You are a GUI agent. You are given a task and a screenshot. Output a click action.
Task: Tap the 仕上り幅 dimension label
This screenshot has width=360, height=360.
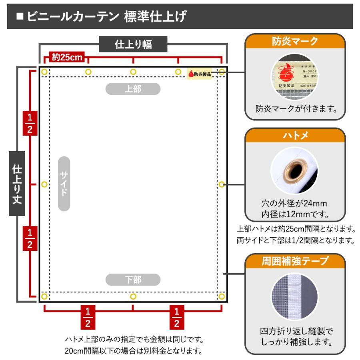[x=133, y=44]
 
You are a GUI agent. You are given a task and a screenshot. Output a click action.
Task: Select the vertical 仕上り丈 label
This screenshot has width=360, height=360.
[x=16, y=184]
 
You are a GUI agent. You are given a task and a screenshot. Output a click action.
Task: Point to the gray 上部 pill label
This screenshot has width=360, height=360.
[x=133, y=89]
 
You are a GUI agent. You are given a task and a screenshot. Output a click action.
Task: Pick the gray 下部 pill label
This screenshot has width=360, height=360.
[x=133, y=279]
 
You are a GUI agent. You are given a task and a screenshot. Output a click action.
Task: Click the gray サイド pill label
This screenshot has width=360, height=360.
[x=64, y=184]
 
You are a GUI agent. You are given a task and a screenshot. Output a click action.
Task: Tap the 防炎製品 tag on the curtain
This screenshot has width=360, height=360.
[x=199, y=73]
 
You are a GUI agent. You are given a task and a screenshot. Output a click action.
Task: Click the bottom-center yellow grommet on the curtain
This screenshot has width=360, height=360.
[x=133, y=296]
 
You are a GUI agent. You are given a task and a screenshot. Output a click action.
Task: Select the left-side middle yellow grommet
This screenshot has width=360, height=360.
[x=44, y=184]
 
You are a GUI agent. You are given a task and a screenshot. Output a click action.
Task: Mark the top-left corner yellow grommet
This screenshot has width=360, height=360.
[x=44, y=72]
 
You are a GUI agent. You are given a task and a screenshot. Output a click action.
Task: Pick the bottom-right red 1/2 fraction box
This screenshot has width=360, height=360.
[x=177, y=317]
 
